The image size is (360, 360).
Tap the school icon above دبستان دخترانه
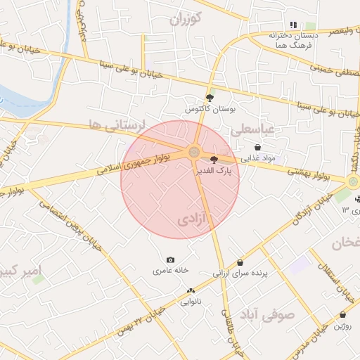[x=294, y=25]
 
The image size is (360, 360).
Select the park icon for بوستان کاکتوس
[x=209, y=98]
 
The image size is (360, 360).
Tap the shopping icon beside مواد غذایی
[x=258, y=148]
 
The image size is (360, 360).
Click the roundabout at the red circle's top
[x=193, y=150]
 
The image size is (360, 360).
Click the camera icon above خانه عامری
[x=169, y=259]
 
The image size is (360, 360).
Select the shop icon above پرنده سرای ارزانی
[x=240, y=262]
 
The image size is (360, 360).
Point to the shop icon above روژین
[x=342, y=315]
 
